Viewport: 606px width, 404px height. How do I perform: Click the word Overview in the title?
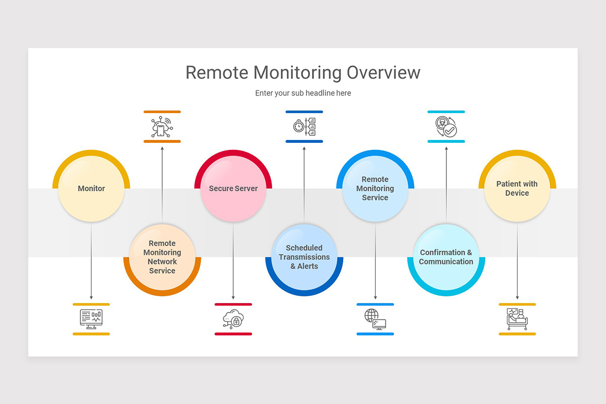[383, 73]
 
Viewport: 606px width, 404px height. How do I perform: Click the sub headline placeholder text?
[303, 93]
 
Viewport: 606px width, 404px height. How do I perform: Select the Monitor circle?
[91, 188]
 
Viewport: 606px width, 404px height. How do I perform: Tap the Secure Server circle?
[233, 188]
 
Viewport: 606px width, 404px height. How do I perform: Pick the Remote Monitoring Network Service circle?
[162, 257]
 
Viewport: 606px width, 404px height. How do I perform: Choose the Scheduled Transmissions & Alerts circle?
[304, 257]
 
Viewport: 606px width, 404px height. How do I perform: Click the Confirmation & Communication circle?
[446, 257]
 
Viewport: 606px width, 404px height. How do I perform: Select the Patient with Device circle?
[517, 188]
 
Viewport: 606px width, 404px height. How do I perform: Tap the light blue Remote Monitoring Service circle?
[375, 188]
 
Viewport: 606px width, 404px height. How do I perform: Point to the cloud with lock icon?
[233, 319]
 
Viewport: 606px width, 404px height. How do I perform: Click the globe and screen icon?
[375, 319]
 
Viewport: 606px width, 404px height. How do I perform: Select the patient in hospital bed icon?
[517, 319]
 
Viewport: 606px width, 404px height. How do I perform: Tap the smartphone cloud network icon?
[162, 127]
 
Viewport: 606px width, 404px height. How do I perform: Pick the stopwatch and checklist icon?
[304, 126]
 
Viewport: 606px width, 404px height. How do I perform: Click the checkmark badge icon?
[446, 127]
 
